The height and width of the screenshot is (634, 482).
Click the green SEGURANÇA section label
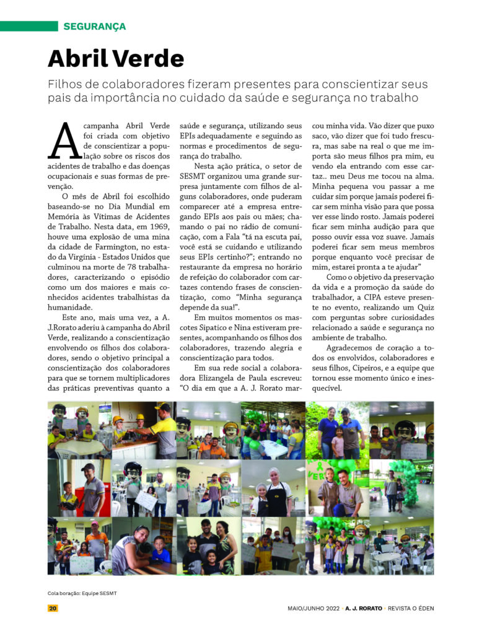(x=94, y=27)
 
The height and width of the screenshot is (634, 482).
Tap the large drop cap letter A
(x=64, y=141)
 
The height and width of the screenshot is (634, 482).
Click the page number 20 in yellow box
(x=53, y=608)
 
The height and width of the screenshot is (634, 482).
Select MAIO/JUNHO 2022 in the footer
(x=313, y=608)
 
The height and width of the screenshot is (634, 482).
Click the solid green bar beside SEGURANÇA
(x=28, y=27)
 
